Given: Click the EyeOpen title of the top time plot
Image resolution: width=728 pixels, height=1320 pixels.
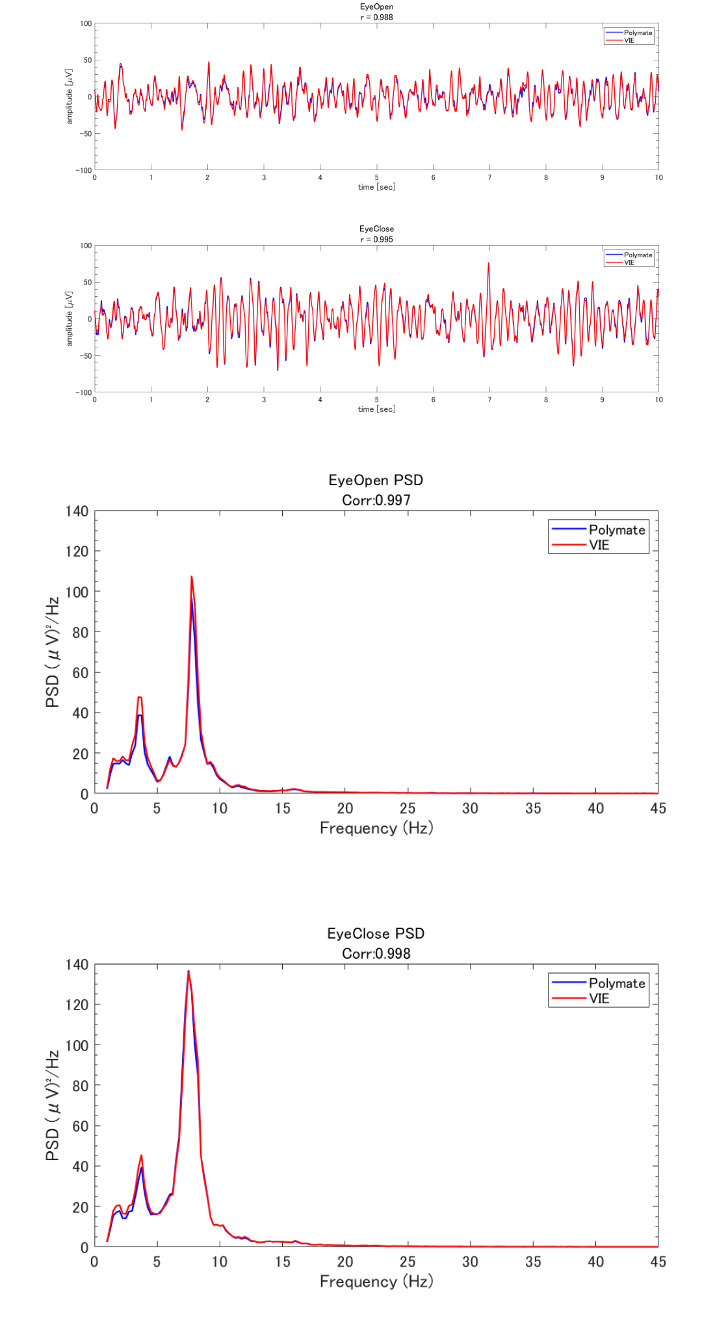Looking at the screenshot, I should point(376,6).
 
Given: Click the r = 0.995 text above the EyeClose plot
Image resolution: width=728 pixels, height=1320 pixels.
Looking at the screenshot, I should point(376,239).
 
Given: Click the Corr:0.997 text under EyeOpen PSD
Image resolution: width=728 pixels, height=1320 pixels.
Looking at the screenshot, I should point(376,500).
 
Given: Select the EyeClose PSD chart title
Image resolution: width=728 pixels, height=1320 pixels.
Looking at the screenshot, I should point(376,933).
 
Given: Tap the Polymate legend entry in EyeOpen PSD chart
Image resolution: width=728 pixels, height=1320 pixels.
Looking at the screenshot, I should point(616,529).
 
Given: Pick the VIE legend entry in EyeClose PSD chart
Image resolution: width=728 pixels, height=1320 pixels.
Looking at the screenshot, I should point(599,998).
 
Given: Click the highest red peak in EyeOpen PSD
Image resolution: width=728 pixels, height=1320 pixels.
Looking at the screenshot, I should point(191,577).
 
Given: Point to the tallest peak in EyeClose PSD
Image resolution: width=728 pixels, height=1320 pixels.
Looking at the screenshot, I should point(188,972).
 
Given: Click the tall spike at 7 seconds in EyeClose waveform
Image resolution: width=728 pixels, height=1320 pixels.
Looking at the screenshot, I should point(489,264).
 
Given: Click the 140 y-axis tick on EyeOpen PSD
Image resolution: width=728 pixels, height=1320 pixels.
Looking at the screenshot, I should point(77,511).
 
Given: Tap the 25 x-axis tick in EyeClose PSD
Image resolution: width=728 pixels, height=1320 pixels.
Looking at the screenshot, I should point(408,1262).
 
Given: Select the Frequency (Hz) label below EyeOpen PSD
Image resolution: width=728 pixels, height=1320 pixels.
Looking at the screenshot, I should point(376,828).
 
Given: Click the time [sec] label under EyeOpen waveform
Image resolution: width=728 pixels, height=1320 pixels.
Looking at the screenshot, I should point(376,187).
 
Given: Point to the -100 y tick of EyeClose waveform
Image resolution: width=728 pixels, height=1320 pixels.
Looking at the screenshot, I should point(84,392).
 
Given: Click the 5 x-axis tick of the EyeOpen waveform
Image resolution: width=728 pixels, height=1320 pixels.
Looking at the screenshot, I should point(376,177).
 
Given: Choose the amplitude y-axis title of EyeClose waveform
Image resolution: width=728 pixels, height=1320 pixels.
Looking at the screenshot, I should point(70,318).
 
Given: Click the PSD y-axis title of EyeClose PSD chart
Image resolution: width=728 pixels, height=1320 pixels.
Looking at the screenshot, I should point(53,1106).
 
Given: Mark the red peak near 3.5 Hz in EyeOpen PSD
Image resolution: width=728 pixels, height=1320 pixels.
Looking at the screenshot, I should point(140,698).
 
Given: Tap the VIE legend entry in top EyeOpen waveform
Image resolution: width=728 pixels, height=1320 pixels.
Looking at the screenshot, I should point(629,40).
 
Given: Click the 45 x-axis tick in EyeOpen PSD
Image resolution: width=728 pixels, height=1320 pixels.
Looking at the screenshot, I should point(658,808).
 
